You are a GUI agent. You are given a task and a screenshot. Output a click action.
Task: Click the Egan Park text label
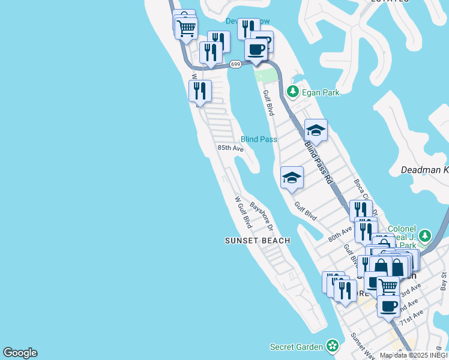click(x=321, y=92)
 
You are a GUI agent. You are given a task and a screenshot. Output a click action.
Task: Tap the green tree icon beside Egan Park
click(x=293, y=92)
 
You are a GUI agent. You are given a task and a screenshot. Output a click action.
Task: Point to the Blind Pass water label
click(x=259, y=139)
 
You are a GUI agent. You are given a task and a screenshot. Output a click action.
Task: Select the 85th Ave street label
click(x=231, y=148)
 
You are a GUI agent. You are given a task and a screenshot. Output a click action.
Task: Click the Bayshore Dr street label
click(x=262, y=216)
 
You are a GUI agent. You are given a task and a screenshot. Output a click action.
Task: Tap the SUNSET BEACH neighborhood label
click(x=258, y=241)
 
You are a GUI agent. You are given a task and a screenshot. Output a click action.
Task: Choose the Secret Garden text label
click(x=297, y=347)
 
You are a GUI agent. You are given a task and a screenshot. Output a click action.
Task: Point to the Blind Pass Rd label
click(x=318, y=163)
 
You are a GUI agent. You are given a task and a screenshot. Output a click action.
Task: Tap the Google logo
click(x=20, y=353)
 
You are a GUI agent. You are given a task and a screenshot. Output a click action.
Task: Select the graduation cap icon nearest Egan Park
click(x=316, y=129)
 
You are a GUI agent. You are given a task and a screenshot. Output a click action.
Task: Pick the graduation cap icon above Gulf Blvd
click(x=292, y=177)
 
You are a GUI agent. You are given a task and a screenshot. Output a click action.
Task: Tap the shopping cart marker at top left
click(x=187, y=27)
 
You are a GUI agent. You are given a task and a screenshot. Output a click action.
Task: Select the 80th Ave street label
click(x=340, y=234)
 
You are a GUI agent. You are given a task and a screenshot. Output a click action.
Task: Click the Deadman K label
click(x=424, y=170)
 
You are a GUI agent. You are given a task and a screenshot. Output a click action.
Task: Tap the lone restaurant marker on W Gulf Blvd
click(x=200, y=91)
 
